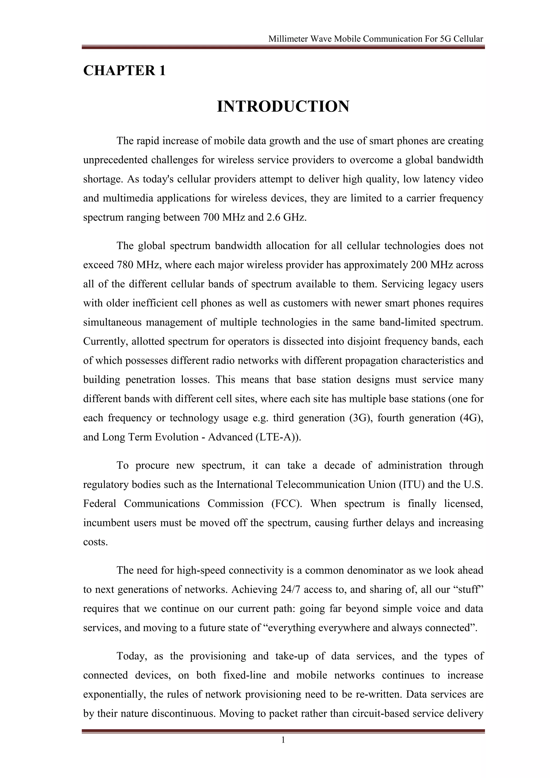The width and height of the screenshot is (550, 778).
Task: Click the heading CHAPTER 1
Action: pyautogui.click(x=124, y=70)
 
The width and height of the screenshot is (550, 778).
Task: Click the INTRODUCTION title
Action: pyautogui.click(x=283, y=107)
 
